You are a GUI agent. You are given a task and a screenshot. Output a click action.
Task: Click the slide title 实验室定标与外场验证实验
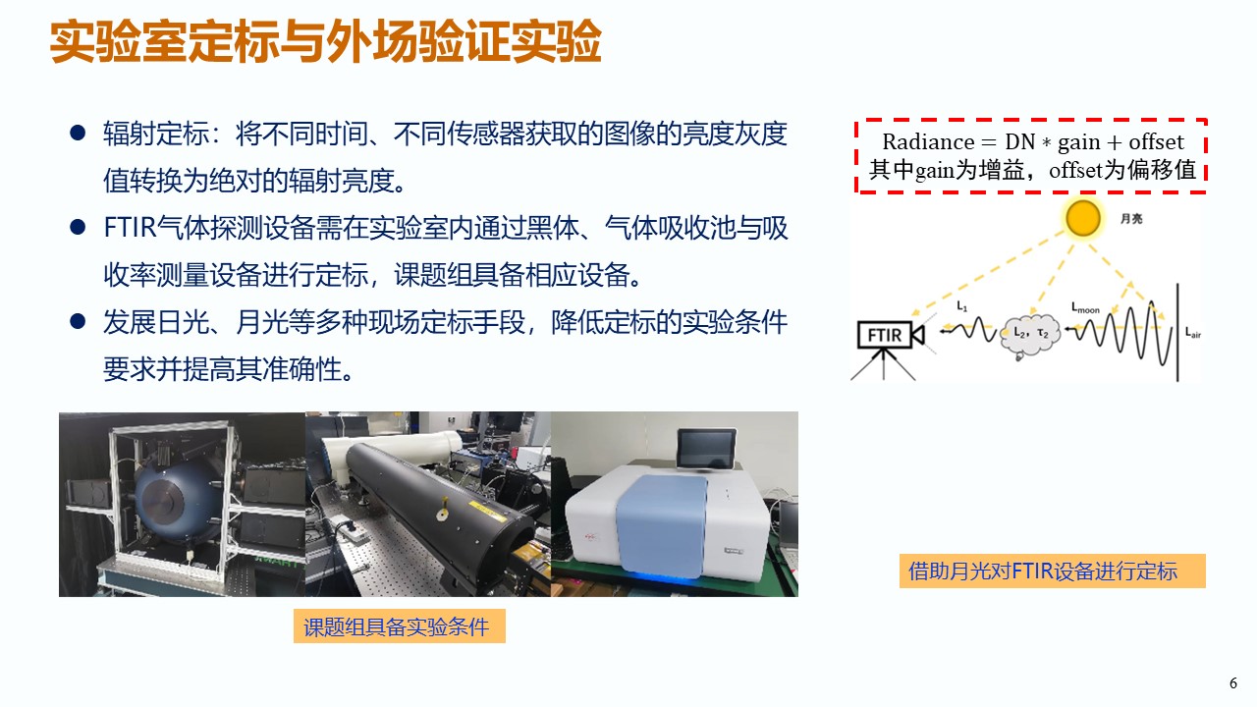click(325, 41)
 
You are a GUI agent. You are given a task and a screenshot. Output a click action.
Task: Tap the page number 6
click(1232, 682)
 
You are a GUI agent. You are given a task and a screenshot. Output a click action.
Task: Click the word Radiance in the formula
click(928, 142)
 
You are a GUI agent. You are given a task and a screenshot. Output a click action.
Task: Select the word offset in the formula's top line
click(1156, 142)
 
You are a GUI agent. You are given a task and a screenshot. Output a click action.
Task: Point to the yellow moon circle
click(1082, 218)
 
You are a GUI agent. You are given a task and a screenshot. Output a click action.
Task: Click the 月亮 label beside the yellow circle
click(1131, 218)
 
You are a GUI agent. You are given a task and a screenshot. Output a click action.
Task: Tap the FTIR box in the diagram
click(885, 335)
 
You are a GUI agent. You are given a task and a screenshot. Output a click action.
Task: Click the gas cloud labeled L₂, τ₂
click(1030, 335)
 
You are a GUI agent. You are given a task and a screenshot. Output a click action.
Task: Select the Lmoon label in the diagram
click(1085, 307)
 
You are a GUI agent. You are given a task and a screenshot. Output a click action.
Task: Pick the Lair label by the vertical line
click(1193, 333)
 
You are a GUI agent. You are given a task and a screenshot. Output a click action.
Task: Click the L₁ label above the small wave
click(961, 305)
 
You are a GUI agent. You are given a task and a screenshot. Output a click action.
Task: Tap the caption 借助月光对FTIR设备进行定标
click(1043, 571)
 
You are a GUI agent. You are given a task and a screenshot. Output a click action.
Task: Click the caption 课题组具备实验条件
click(396, 626)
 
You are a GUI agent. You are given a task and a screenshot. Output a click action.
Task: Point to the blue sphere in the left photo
click(175, 501)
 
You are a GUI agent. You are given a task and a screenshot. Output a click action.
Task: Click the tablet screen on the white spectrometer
click(706, 448)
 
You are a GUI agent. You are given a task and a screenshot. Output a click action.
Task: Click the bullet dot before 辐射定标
click(78, 134)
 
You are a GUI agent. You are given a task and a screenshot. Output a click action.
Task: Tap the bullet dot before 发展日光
click(78, 322)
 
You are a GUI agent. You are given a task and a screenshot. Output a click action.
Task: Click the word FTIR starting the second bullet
click(130, 228)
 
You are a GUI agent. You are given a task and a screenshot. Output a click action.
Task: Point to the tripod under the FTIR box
click(883, 364)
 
